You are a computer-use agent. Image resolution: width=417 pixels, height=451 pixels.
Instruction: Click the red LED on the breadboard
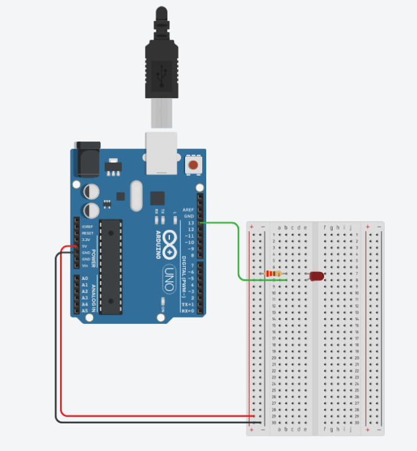(316, 276)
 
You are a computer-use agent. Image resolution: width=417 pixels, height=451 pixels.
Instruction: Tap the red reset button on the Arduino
(194, 165)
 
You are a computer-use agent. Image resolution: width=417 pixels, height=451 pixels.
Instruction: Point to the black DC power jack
(87, 158)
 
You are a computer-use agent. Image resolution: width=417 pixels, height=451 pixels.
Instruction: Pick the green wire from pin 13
(237, 250)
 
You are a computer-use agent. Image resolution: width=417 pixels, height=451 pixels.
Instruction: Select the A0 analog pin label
(84, 279)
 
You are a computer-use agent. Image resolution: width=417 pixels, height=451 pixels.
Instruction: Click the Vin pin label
(85, 265)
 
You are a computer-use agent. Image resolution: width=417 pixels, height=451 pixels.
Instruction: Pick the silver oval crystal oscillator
(136, 196)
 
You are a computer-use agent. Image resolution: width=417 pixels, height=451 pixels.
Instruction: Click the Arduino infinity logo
(171, 243)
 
